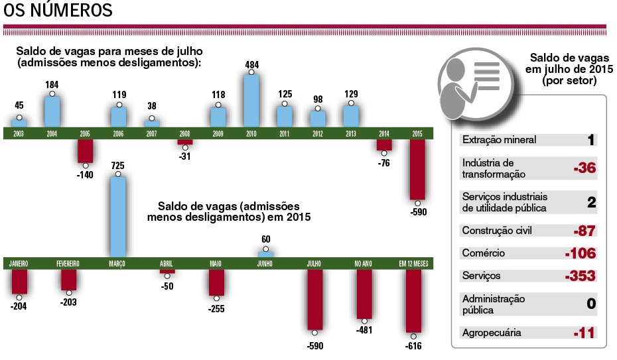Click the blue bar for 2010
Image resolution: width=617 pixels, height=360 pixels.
tap(251, 101)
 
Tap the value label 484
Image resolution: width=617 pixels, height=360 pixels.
tap(251, 64)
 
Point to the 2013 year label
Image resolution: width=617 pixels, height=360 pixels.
tap(351, 133)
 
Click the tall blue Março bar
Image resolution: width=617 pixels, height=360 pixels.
tap(118, 215)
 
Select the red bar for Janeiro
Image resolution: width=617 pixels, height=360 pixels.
tap(19, 282)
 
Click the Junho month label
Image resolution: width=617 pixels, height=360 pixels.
tap(265, 263)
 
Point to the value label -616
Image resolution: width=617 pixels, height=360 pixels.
tap(414, 345)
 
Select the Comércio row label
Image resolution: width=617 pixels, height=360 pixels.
tap(484, 253)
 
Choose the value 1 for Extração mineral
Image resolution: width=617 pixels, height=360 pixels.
tap(590, 140)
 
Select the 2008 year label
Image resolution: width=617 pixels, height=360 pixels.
tap(184, 133)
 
